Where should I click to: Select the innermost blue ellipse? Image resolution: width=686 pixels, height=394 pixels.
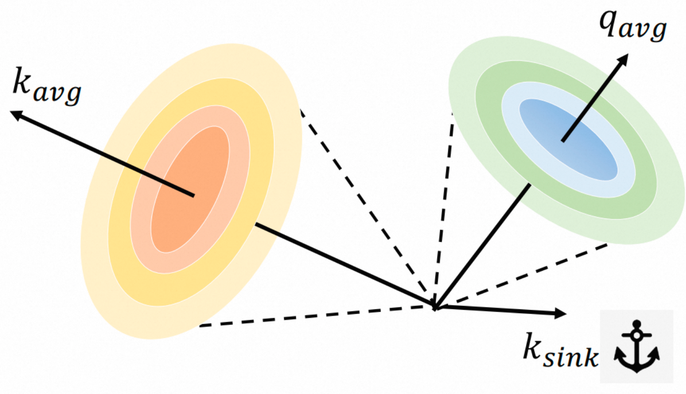[567, 138]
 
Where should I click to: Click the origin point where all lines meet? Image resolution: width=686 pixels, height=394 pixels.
[434, 306]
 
